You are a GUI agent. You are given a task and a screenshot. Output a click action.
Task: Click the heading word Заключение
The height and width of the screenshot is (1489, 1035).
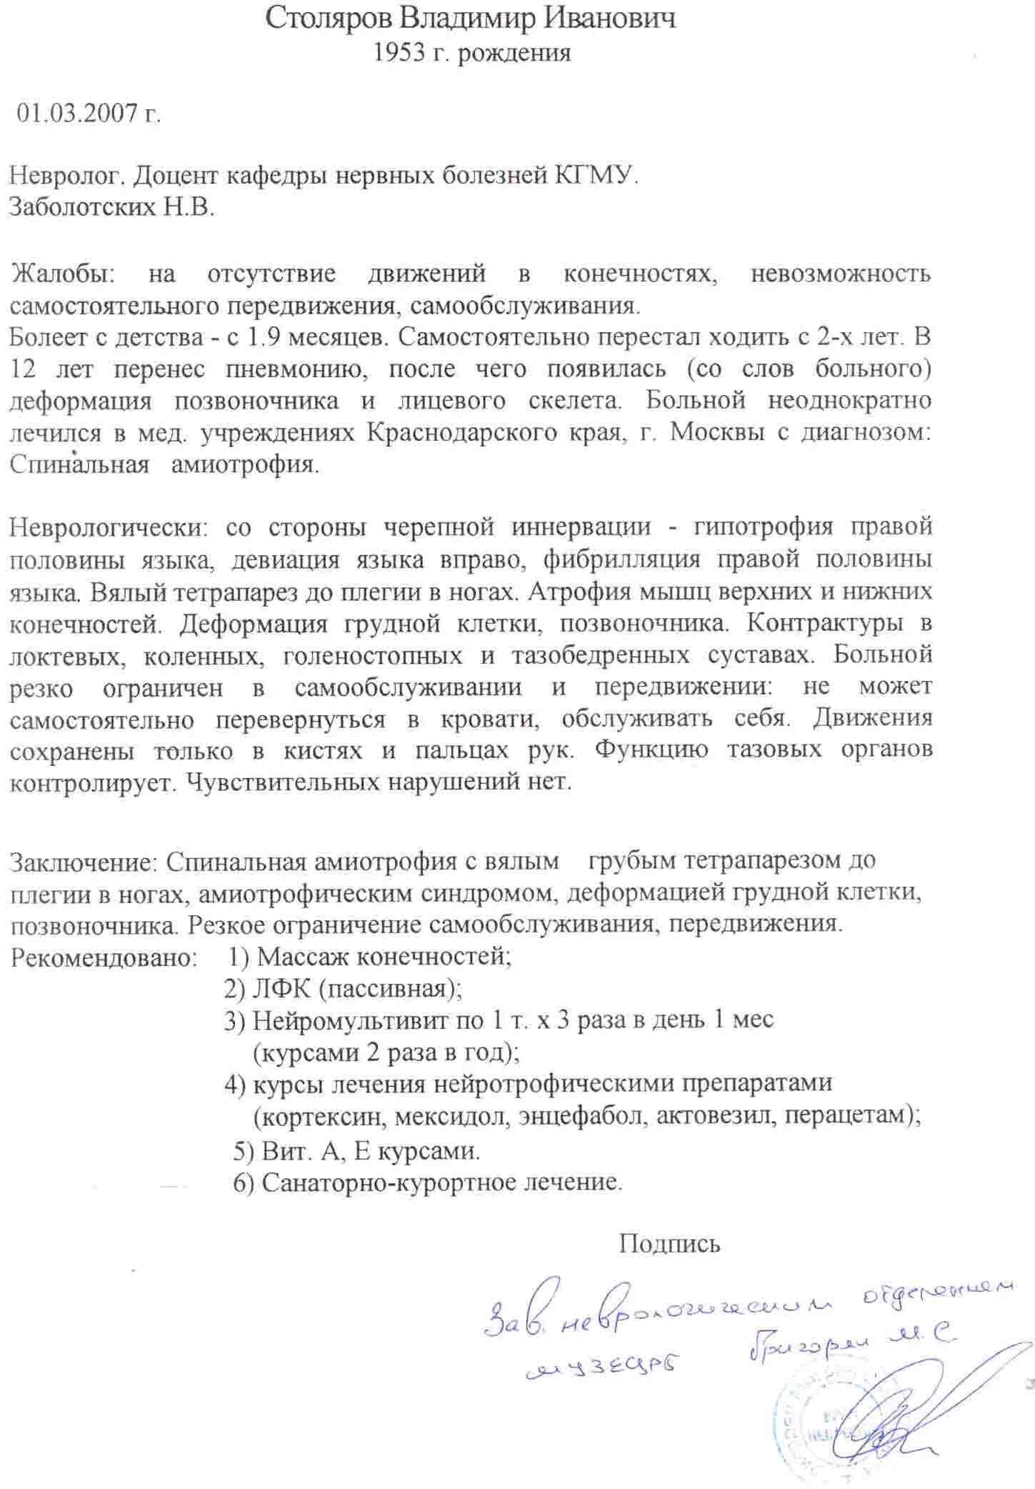[83, 861]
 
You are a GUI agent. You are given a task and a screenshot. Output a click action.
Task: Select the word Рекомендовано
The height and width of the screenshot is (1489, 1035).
[104, 957]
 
